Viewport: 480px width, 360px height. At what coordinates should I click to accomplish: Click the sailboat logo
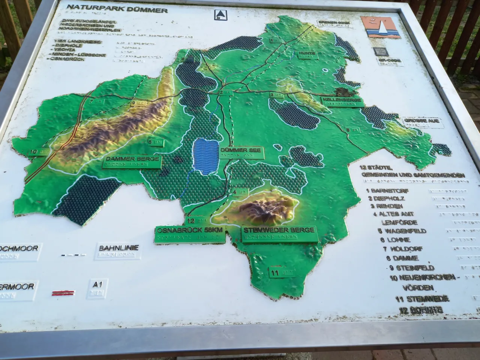[x=380, y=27]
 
